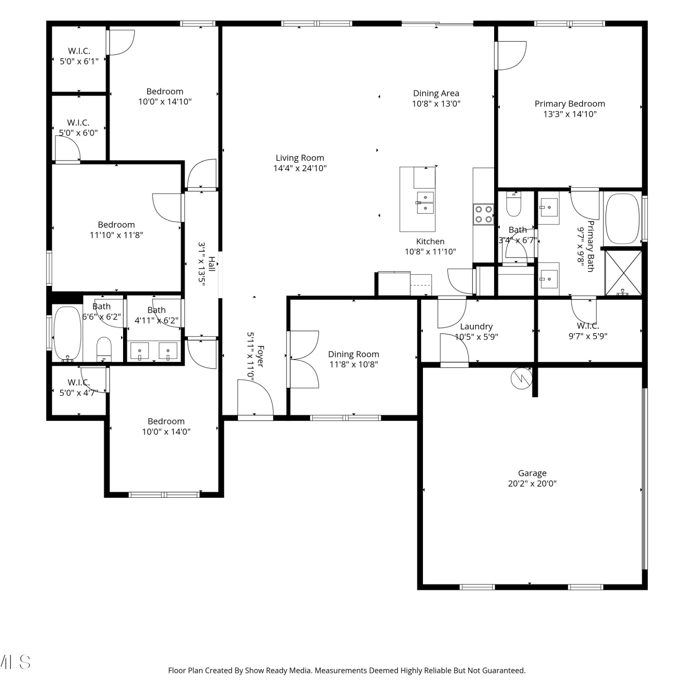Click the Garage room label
532,473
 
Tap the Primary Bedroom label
570,104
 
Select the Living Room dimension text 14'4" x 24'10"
300,168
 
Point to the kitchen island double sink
425,203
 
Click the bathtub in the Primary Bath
622,219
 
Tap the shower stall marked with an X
623,273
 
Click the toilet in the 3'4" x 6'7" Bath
514,204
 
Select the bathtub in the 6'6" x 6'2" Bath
67,334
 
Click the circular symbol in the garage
521,379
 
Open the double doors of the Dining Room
303,359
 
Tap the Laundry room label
476,327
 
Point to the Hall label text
211,264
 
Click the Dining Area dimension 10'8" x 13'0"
436,104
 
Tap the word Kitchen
430,242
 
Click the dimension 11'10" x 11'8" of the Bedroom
116,235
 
